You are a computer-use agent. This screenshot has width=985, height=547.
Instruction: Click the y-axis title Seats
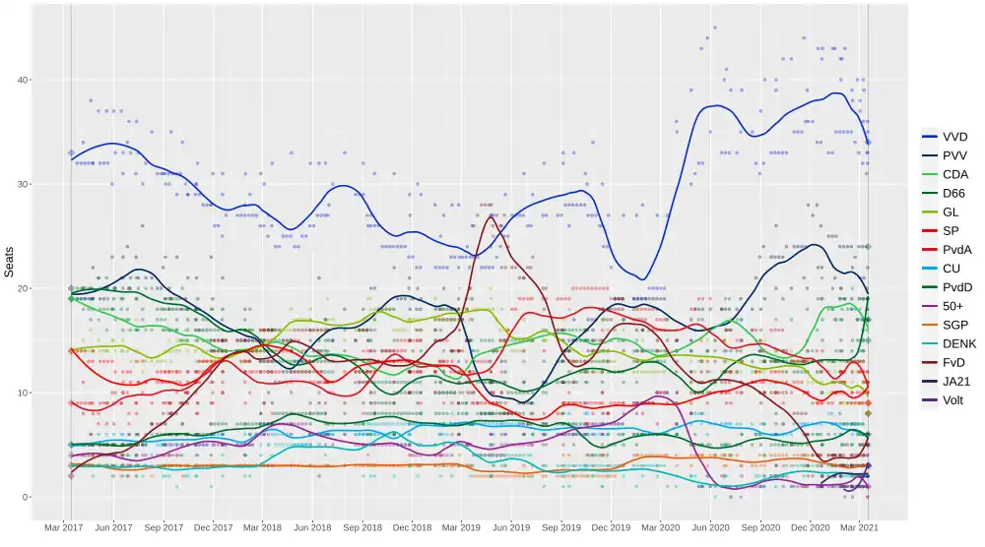tap(9, 262)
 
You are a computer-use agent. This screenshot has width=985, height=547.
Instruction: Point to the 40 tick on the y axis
tap(48, 80)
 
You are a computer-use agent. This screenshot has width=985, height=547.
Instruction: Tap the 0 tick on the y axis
tap(51, 497)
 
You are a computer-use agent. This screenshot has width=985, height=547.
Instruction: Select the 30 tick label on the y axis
tap(48, 184)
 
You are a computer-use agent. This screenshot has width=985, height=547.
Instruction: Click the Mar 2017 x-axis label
tap(64, 528)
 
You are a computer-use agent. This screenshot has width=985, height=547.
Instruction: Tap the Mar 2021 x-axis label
tap(861, 528)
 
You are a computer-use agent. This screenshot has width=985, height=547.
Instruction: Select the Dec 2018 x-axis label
tap(412, 528)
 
